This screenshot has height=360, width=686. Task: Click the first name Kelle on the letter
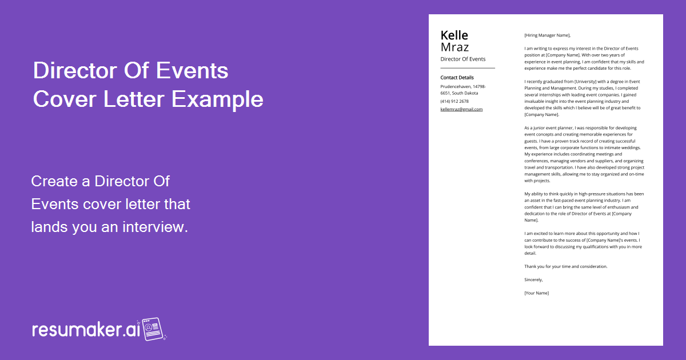pos(454,35)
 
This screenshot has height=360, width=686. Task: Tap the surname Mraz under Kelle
pos(454,47)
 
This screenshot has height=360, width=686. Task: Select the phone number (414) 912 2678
pos(454,101)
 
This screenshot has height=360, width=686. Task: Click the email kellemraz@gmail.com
pos(461,109)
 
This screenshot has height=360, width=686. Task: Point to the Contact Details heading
pos(457,78)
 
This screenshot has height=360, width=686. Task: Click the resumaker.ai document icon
pos(153,329)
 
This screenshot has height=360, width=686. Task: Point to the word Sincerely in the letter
pos(533,279)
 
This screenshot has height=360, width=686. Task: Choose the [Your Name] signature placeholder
pos(536,293)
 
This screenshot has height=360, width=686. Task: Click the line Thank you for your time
pos(565,266)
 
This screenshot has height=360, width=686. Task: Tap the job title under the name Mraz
pos(462,59)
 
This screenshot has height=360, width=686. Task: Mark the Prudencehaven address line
pos(463,86)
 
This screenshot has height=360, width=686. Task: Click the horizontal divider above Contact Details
pos(467,68)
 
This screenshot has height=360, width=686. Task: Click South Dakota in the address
pos(465,93)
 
